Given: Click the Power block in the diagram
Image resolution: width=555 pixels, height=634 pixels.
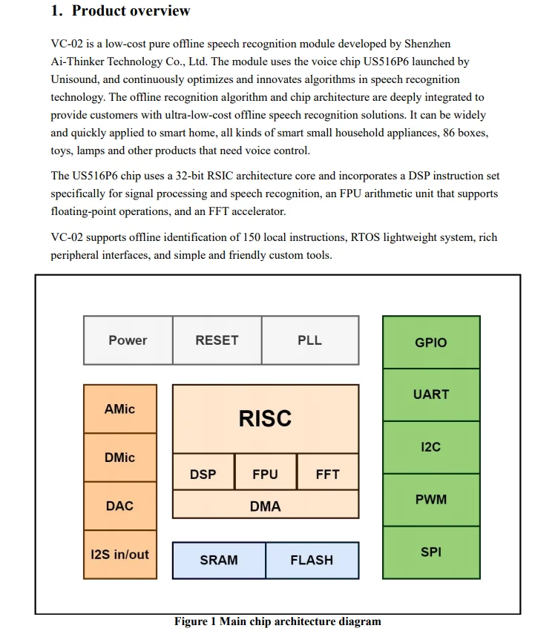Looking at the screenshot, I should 128,340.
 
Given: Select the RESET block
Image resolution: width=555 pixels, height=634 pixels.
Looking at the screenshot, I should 217,340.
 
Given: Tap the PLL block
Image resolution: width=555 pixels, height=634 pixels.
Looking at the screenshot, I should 309,340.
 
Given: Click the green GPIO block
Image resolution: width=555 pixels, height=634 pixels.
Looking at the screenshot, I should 431,342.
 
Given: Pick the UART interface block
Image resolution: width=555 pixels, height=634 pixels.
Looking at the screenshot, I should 431,394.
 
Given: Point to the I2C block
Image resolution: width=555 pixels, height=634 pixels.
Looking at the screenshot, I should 431,447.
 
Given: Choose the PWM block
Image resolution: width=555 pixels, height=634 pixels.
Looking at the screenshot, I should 431,499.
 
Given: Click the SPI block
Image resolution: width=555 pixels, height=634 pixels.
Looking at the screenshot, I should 431,552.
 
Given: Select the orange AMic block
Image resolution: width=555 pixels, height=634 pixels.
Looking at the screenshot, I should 119,409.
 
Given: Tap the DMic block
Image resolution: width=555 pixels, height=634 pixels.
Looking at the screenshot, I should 119,458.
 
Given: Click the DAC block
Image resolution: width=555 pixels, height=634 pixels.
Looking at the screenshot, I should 119,506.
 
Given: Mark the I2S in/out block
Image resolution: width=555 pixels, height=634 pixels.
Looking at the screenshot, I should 119,554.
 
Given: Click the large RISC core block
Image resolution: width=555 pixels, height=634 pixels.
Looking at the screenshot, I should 265,418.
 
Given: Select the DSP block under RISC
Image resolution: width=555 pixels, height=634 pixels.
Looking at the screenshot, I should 203,474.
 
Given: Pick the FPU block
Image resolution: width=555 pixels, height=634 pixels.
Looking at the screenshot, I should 265,474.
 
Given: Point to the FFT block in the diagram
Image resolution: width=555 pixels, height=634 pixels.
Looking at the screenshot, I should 327,474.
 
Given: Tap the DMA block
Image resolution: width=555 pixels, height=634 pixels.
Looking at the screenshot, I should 265,506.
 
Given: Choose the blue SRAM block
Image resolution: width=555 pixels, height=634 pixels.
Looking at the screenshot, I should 219,560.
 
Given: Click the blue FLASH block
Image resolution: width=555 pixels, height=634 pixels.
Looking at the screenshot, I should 312,560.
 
